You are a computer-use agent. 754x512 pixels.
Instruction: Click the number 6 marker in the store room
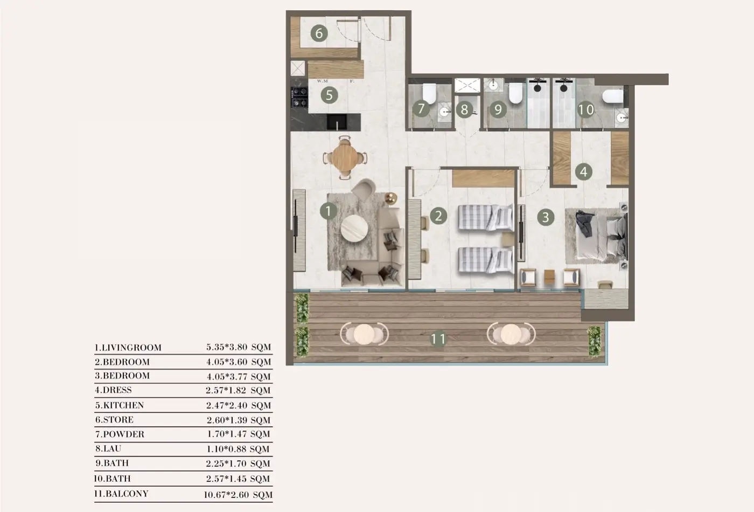[x=319, y=33]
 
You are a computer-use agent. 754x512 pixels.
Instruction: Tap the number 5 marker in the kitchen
[x=329, y=95]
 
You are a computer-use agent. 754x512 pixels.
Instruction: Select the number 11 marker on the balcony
[x=438, y=338]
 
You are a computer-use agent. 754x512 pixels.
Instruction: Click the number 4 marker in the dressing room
[x=583, y=172]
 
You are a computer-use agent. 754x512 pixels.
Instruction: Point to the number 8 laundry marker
[x=464, y=109]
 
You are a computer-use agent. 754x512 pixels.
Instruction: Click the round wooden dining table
[x=344, y=157]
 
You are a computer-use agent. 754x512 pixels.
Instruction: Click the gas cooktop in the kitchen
[x=299, y=97]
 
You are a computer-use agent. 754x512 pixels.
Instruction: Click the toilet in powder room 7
[x=429, y=93]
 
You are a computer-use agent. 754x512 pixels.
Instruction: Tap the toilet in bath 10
[x=613, y=96]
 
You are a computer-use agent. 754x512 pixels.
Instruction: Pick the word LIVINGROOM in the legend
[x=131, y=348]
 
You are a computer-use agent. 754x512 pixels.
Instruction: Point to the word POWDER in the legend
[x=123, y=434]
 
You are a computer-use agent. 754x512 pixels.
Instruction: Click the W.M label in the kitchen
[x=322, y=81]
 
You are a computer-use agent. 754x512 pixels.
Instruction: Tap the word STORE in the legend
[x=118, y=420]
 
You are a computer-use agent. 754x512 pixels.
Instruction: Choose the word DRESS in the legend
[x=117, y=390]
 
